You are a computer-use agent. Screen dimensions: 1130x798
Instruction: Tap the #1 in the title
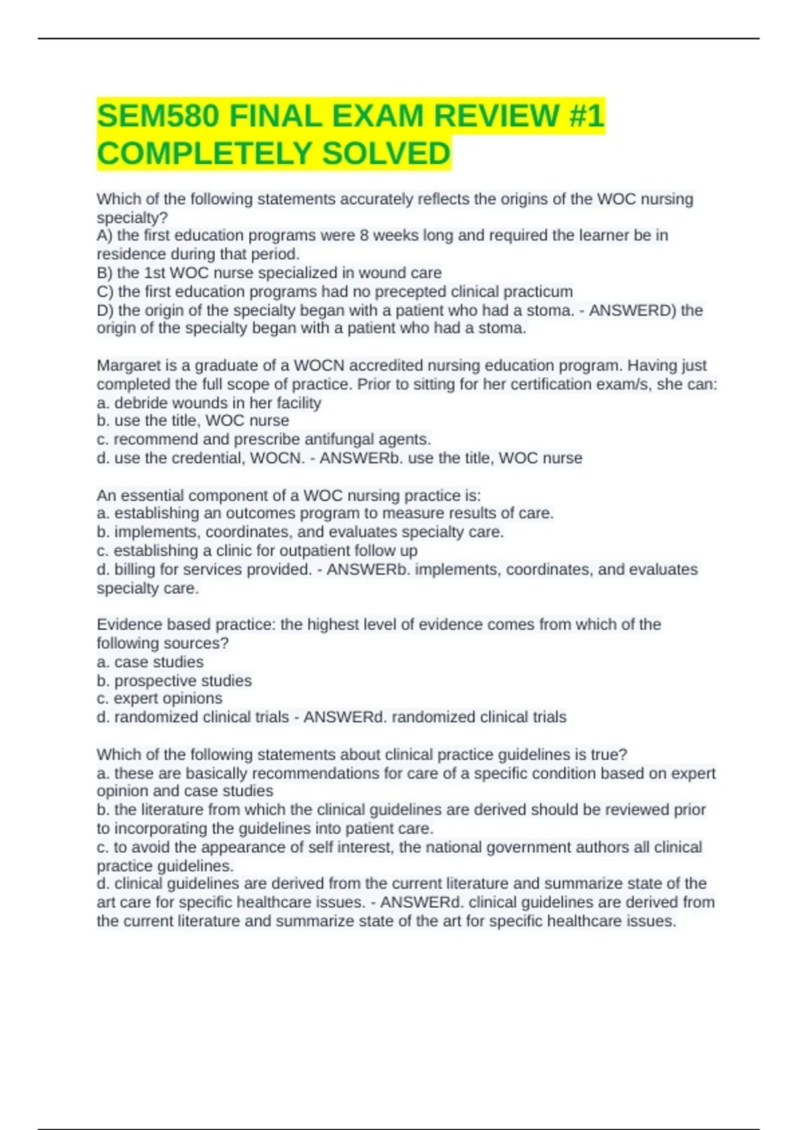click(x=586, y=117)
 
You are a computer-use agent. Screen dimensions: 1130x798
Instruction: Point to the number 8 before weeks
click(x=364, y=235)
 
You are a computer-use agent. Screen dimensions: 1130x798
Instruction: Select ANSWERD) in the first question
click(x=632, y=310)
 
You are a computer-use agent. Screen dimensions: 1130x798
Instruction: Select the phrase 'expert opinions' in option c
click(x=168, y=699)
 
